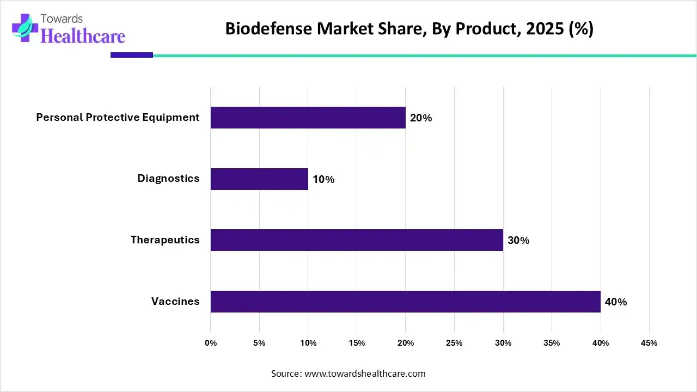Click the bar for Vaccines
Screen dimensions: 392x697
pyautogui.click(x=405, y=302)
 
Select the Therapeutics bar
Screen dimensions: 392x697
pyautogui.click(x=357, y=240)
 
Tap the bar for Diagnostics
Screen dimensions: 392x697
pyautogui.click(x=259, y=179)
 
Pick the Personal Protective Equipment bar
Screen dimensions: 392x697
pyautogui.click(x=308, y=118)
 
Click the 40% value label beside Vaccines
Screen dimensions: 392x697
pyautogui.click(x=616, y=302)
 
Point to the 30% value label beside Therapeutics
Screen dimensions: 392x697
pyautogui.click(x=518, y=241)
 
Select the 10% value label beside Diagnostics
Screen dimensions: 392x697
pyautogui.click(x=323, y=179)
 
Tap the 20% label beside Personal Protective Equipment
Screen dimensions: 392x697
pyautogui.click(x=421, y=118)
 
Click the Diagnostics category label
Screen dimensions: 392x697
pyautogui.click(x=168, y=179)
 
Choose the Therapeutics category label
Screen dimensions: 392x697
pyautogui.click(x=165, y=240)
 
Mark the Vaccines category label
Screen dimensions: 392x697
pyautogui.click(x=175, y=302)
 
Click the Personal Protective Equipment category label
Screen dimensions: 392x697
pyautogui.click(x=118, y=118)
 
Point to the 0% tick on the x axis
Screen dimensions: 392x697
pyautogui.click(x=211, y=343)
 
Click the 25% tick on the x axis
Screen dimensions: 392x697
pyautogui.click(x=454, y=343)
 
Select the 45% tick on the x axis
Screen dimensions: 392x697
pyautogui.click(x=649, y=343)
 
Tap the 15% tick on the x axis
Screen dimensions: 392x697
pyautogui.click(x=357, y=343)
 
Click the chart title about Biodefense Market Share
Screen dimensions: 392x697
pyautogui.click(x=409, y=29)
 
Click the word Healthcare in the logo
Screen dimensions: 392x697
pyautogui.click(x=83, y=36)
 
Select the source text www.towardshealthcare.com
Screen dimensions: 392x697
pyautogui.click(x=364, y=373)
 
